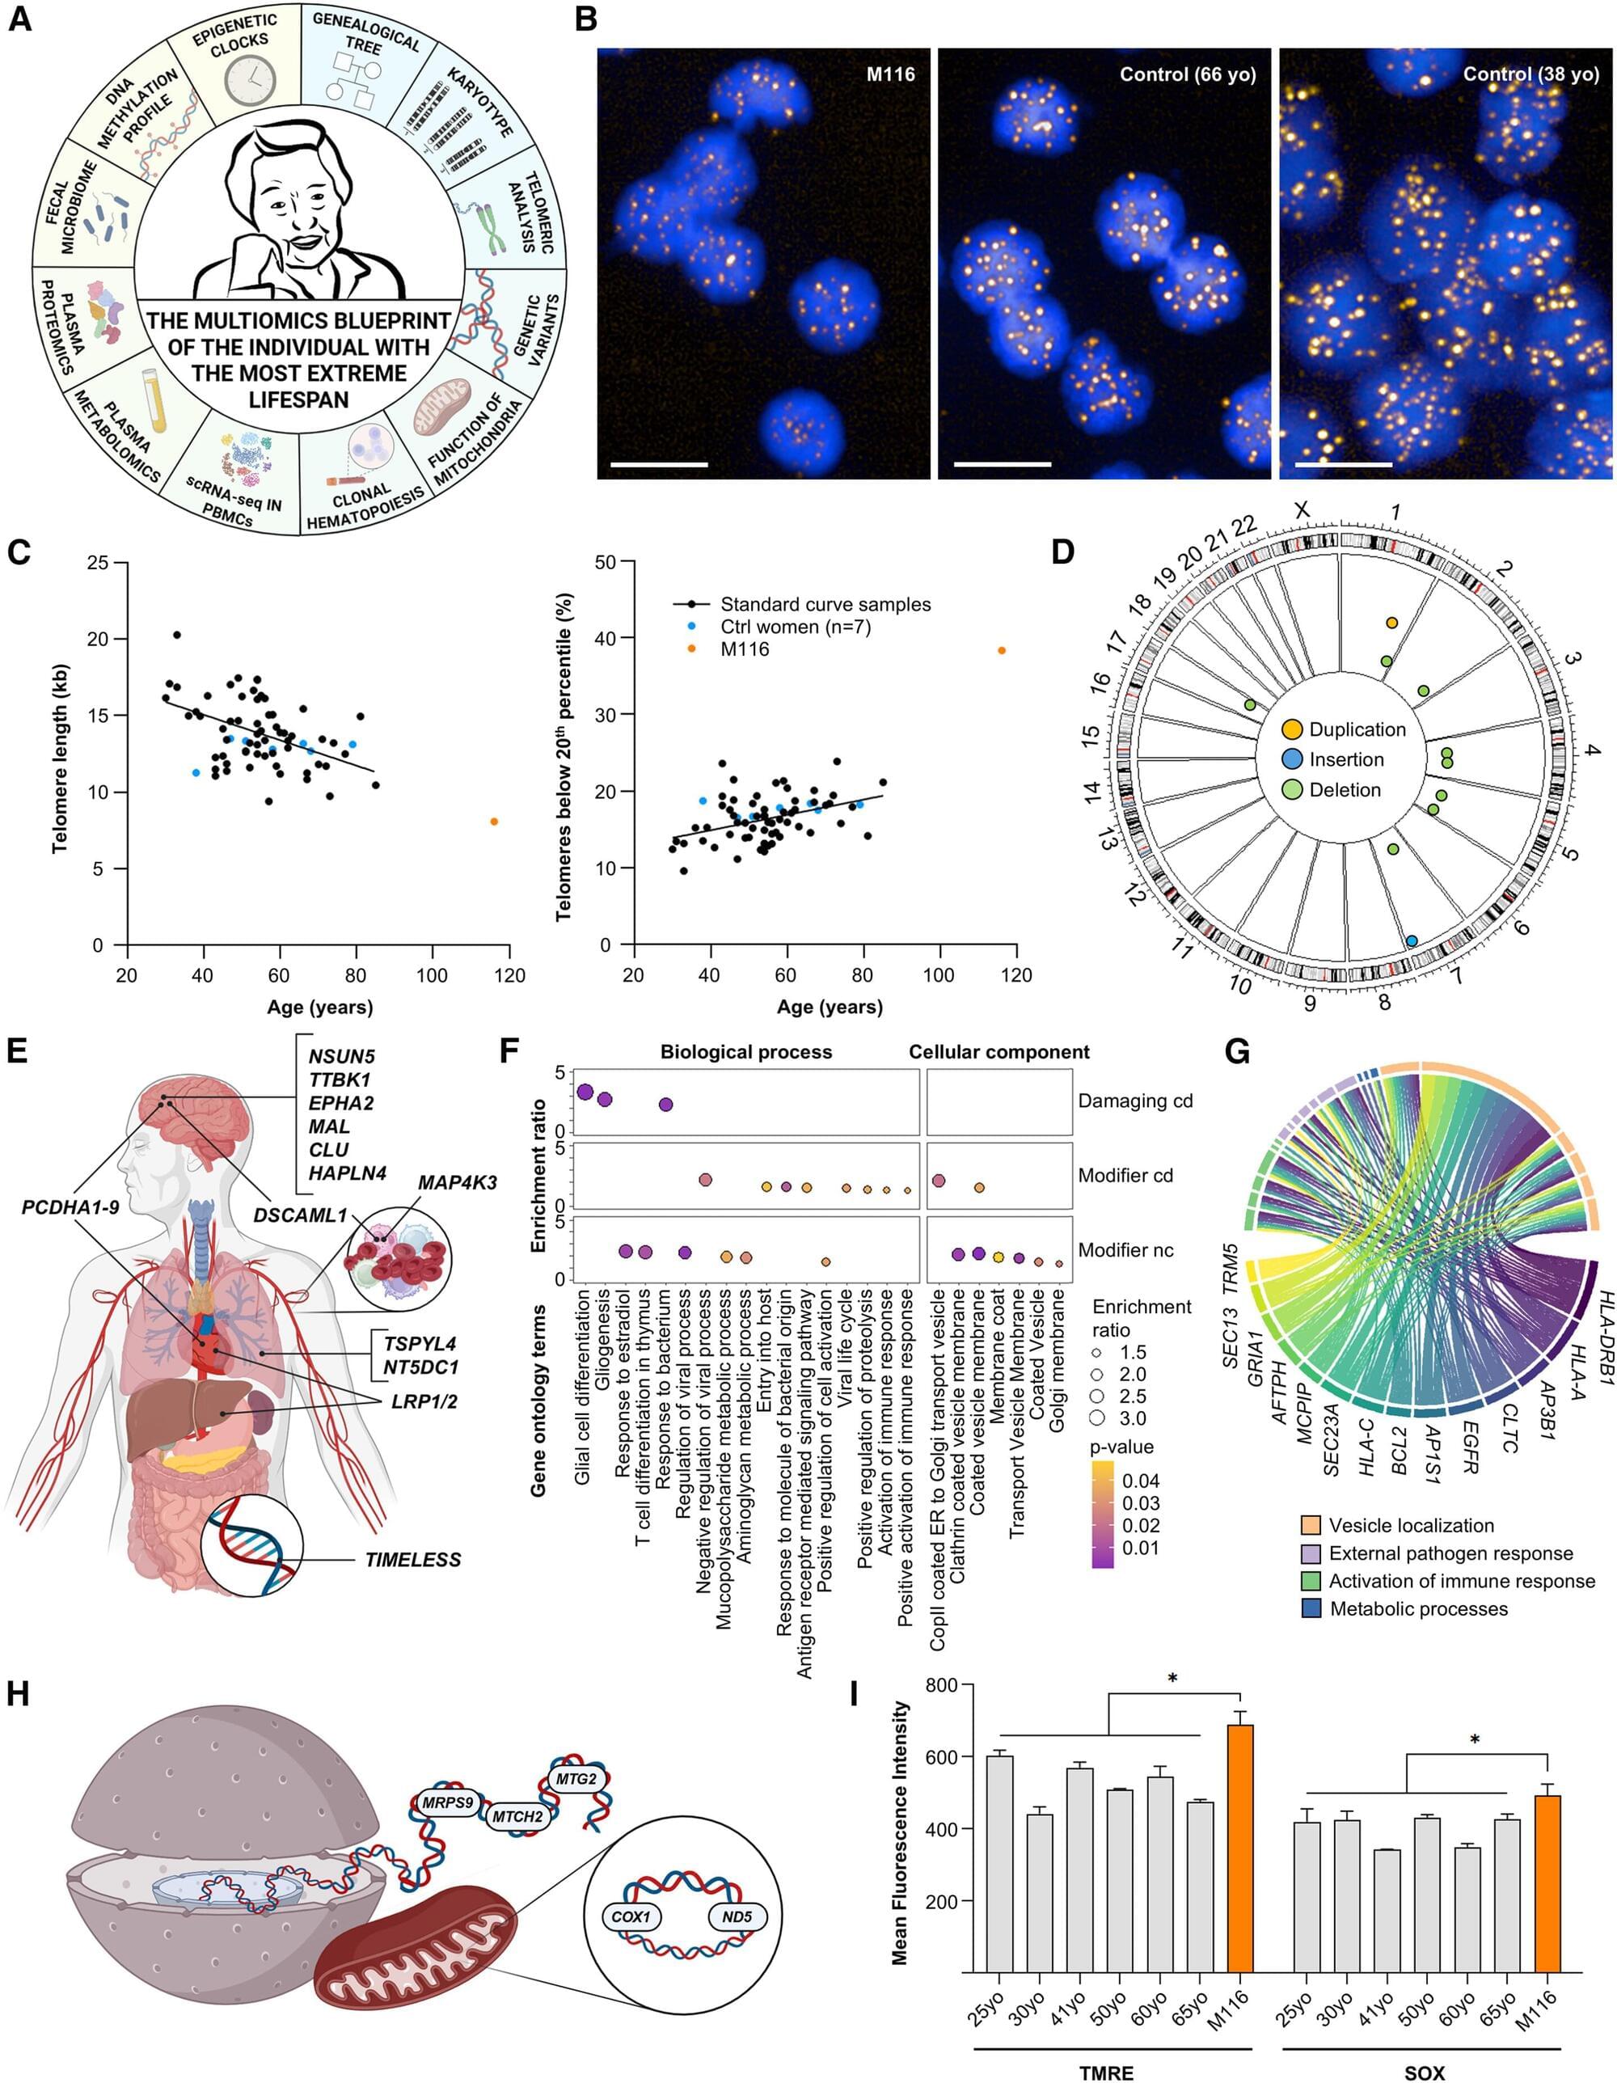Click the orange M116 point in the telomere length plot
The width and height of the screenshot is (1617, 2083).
click(x=494, y=822)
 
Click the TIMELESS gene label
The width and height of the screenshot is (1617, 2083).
click(x=413, y=1559)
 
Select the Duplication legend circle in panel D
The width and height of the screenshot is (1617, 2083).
click(x=1293, y=729)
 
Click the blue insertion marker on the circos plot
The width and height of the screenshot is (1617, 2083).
click(x=1411, y=941)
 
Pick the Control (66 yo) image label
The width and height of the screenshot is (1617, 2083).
click(x=1187, y=74)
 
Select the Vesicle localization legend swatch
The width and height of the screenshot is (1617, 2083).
click(x=1311, y=1525)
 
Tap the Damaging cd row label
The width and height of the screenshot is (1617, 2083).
click(x=1134, y=1101)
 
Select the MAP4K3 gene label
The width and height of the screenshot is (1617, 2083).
click(x=457, y=1183)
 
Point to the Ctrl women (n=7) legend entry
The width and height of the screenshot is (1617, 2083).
click(x=795, y=627)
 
